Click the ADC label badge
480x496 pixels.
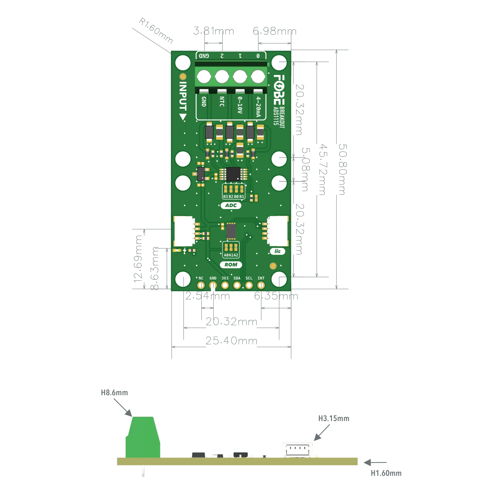[x=231, y=205]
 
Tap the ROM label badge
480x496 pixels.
[x=231, y=265]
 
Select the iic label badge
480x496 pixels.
[x=277, y=251]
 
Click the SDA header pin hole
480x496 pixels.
[x=237, y=285]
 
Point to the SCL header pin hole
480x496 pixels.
[x=249, y=285]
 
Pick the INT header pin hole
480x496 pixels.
[x=261, y=285]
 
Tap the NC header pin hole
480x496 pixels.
[x=201, y=285]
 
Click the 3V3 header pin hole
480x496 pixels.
[x=225, y=285]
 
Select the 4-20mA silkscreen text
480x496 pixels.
[x=258, y=106]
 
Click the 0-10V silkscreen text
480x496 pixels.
[x=240, y=105]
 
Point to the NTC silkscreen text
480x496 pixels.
[x=222, y=102]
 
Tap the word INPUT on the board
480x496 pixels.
[x=183, y=96]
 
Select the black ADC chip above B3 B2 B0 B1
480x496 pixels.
[x=233, y=174]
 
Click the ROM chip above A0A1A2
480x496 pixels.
[x=231, y=230]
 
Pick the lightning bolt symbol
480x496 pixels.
[x=184, y=250]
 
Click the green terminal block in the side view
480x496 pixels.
[x=143, y=438]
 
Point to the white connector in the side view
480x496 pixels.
[x=297, y=450]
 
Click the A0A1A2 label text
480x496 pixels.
[x=231, y=255]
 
